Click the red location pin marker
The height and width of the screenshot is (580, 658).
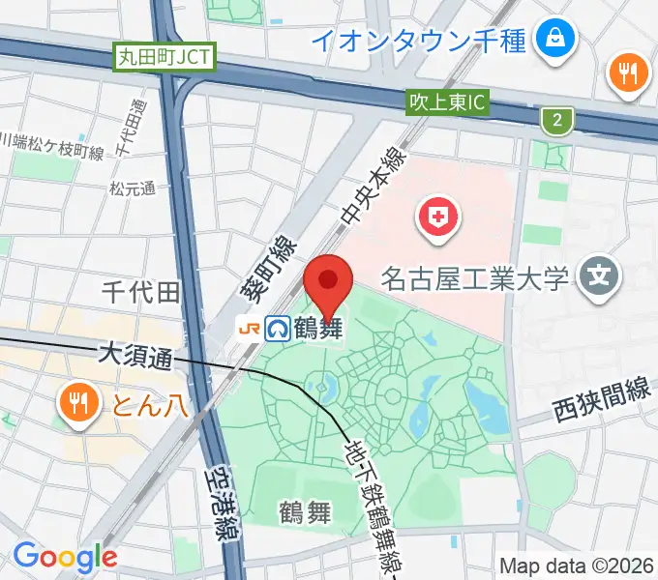(x=328, y=282)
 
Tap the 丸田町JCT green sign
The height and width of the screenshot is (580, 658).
(x=164, y=57)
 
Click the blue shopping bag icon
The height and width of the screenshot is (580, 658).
(x=558, y=40)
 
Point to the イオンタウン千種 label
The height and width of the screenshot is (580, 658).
(x=419, y=41)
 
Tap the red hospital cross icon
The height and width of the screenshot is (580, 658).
(x=436, y=215)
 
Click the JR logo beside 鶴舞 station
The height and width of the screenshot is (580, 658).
(x=249, y=329)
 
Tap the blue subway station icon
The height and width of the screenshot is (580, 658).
(x=280, y=329)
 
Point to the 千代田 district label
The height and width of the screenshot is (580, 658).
(x=142, y=291)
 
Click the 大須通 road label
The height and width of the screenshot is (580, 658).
(x=135, y=356)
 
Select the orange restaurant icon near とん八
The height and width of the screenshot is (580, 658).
(x=76, y=401)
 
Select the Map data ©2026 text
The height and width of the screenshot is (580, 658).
(x=578, y=565)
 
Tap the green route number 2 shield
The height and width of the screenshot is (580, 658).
(x=556, y=120)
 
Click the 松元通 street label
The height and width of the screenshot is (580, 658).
(x=132, y=189)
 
